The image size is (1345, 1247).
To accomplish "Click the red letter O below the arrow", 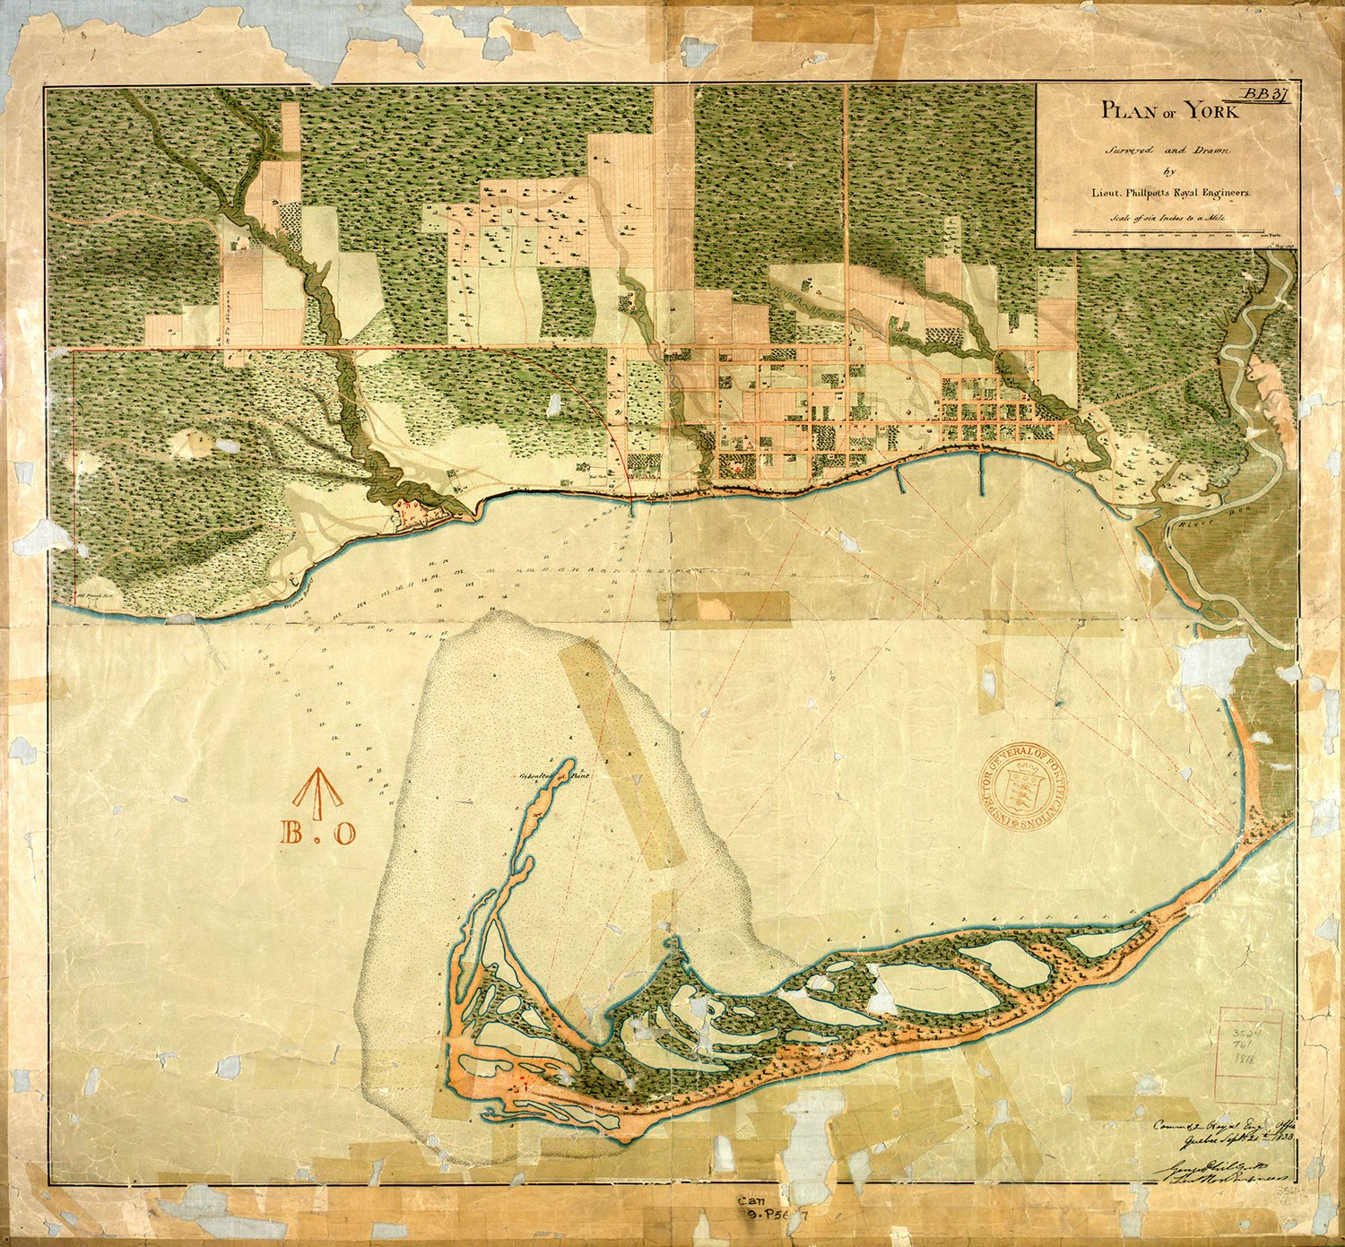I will point(345,834).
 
